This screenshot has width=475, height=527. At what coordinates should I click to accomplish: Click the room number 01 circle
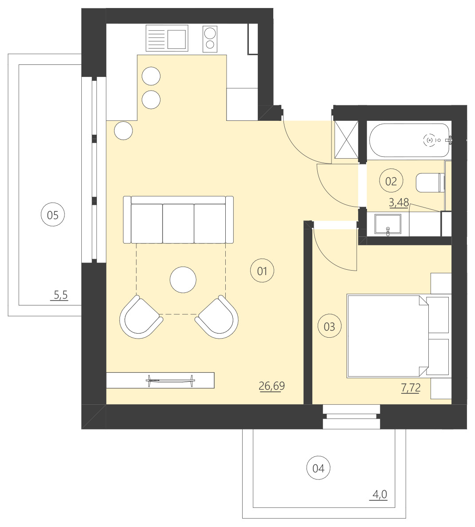point(262,271)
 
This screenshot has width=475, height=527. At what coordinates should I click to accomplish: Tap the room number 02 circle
point(391,181)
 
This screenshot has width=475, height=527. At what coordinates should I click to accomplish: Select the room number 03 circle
point(330,327)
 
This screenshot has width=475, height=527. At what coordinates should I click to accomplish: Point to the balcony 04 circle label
point(319,468)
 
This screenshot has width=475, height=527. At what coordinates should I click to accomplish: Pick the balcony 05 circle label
point(52,215)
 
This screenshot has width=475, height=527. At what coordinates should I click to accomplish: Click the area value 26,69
point(271,386)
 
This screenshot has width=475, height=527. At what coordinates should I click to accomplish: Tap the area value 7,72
point(411,388)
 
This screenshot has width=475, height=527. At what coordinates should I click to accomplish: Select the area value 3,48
point(399,203)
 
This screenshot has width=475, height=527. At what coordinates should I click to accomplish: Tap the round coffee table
point(183,279)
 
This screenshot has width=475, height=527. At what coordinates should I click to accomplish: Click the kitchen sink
point(177,39)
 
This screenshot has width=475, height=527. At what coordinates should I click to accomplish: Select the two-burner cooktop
point(210,38)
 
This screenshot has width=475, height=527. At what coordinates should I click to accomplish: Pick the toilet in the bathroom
point(430,183)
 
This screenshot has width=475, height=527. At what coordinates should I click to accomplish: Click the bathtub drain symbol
point(430,140)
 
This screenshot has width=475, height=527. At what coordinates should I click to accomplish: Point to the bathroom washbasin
point(388,224)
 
